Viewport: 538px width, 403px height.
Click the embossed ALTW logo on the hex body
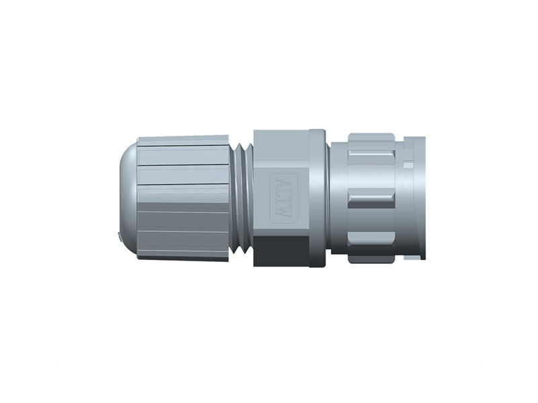pyautogui.click(x=282, y=199)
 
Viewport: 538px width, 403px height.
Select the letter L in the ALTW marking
pyautogui.click(x=282, y=193)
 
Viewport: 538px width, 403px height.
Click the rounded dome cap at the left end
pyautogui.click(x=128, y=199)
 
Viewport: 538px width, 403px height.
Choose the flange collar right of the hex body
pyautogui.click(x=318, y=199)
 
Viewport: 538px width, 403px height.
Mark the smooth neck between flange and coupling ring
pyautogui.click(x=338, y=199)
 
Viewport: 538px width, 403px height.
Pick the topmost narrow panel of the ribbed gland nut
pyautogui.click(x=182, y=140)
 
